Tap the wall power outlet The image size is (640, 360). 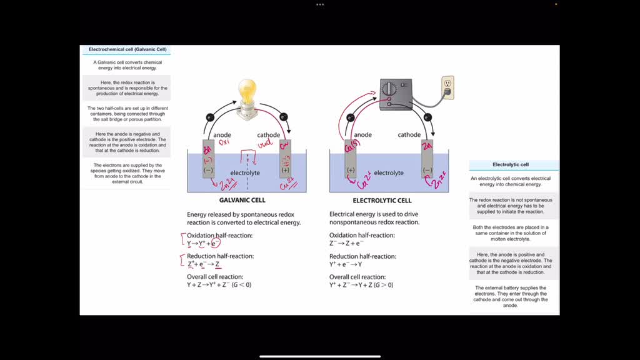click(x=447, y=86)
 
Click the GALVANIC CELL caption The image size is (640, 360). click(x=242, y=201)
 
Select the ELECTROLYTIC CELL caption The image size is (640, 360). click(x=382, y=201)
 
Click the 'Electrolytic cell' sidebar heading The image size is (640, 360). click(x=511, y=165)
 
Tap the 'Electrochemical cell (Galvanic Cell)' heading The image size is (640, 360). click(x=127, y=49)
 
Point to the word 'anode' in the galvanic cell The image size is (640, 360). click(x=222, y=135)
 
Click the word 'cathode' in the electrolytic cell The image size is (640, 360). click(x=409, y=135)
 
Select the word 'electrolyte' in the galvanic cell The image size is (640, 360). click(x=245, y=172)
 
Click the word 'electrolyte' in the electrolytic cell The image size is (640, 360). click(x=389, y=172)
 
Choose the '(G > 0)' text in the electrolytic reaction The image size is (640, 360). click(x=382, y=285)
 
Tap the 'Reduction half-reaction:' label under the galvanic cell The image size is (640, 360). click(x=220, y=256)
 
